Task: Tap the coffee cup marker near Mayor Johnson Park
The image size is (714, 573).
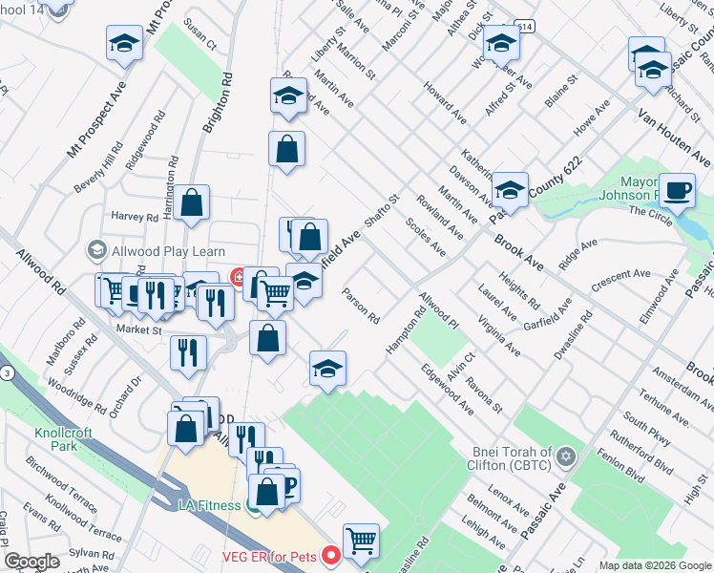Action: click(x=677, y=191)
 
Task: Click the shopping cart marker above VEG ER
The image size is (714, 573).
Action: click(x=361, y=541)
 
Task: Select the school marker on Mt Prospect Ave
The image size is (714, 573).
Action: click(x=124, y=43)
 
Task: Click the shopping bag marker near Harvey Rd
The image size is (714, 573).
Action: click(x=192, y=202)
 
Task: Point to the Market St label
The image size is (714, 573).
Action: click(x=139, y=330)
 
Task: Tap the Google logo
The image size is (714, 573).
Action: click(x=32, y=562)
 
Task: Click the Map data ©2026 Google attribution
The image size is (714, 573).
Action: click(x=654, y=565)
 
